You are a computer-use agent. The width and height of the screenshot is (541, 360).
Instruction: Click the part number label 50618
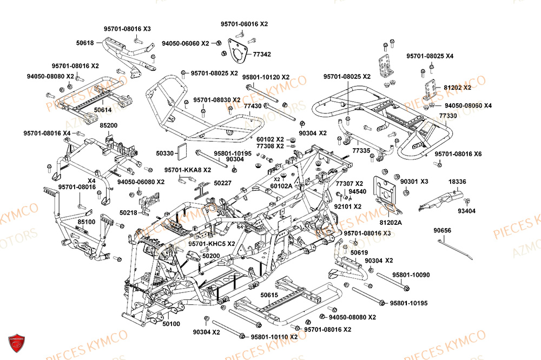coord(85,43)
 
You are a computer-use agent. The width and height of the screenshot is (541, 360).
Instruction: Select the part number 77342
coord(262,55)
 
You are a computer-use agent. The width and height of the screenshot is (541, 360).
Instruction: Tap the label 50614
coord(102,110)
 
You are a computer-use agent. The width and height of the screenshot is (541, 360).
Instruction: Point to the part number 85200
coord(108,125)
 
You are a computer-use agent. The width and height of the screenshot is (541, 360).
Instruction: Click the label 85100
coord(86,222)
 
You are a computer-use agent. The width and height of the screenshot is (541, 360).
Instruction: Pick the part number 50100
coord(172,324)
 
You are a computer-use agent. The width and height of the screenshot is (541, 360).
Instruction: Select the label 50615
coord(269,295)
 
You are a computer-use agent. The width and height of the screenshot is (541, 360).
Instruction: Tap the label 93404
coord(466,211)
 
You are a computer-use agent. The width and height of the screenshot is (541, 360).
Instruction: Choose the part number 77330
coord(448,116)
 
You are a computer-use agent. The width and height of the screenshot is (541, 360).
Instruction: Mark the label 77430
coord(252,106)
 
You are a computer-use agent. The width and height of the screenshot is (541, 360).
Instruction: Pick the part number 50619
coord(359,252)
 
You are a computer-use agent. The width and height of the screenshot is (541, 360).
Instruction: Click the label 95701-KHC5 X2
coord(212,244)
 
